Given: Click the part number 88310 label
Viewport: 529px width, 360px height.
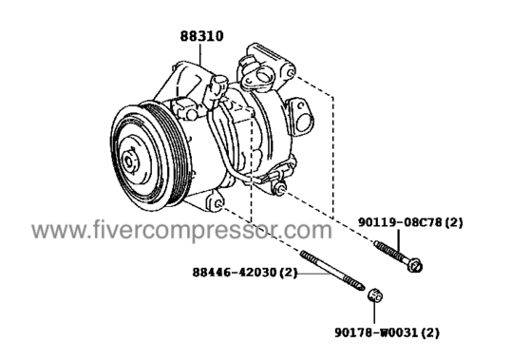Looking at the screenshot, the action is coord(201,36).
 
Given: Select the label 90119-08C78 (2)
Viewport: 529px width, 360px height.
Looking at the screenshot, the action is coord(410,222).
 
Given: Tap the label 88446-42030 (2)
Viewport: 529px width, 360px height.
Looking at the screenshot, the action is coord(245,272).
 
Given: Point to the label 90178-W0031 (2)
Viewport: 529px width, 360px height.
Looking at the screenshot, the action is coord(387,332).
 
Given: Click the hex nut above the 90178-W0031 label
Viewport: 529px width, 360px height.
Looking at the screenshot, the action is coord(375,296).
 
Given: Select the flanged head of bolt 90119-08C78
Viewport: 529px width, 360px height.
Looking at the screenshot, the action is coord(415,265).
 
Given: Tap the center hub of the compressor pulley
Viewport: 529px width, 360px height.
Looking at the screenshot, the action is coord(130,161).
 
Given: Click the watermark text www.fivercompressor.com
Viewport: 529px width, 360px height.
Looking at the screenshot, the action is coord(181,230).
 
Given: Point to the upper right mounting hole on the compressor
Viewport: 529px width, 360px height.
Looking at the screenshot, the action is coord(291,73).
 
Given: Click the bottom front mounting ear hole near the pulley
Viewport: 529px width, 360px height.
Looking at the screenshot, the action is coord(218,204).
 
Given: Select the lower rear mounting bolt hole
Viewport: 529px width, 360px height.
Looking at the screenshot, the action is coord(279,189).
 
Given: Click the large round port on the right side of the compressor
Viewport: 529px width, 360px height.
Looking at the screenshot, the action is coord(304,123).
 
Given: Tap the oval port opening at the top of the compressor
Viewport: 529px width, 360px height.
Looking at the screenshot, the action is coord(264,76).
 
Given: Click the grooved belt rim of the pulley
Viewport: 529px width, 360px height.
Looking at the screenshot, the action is coord(176,152).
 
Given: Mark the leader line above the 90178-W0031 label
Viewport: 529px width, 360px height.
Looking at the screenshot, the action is coord(374,314).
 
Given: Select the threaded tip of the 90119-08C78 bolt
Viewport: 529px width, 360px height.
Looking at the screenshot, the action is coord(377,243).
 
